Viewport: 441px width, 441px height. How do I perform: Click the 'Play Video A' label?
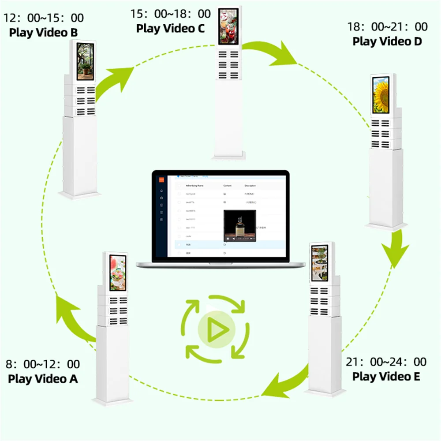(43, 378)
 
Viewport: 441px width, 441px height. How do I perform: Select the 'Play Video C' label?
(170, 29)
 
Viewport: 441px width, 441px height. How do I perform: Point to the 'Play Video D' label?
(387, 41)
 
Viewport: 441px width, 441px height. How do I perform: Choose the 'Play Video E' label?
(386, 376)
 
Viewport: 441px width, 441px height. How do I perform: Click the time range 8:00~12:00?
(43, 364)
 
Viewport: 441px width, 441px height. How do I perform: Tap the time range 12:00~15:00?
(44, 18)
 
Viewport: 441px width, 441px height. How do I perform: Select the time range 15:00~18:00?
(170, 14)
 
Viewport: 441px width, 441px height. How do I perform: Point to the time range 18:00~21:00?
(387, 27)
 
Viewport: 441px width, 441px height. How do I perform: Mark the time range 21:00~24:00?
(386, 362)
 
